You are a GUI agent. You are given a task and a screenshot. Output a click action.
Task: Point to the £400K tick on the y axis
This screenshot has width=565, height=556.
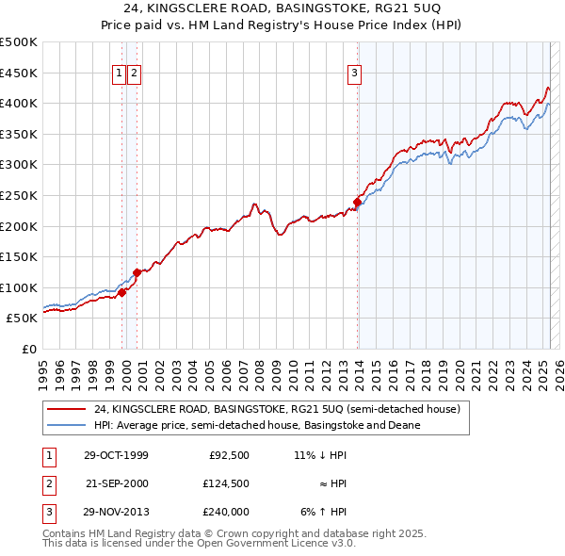[19, 103]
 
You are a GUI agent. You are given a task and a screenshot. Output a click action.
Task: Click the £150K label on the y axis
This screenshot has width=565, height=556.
[19, 256]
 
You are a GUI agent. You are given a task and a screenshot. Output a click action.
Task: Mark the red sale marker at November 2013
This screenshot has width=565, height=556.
[358, 201]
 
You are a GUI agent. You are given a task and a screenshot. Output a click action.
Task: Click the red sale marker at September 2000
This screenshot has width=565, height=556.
[137, 272]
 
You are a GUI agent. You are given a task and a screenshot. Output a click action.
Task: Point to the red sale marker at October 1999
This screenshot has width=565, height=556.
[122, 292]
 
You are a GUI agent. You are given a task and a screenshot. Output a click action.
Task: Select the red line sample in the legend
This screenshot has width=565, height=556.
[67, 410]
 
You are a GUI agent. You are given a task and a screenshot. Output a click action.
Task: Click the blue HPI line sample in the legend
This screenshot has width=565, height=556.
[67, 426]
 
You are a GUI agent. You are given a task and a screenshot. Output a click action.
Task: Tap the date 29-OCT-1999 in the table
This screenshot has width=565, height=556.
[116, 455]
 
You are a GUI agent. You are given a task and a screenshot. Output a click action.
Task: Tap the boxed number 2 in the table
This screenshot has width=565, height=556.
[46, 483]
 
